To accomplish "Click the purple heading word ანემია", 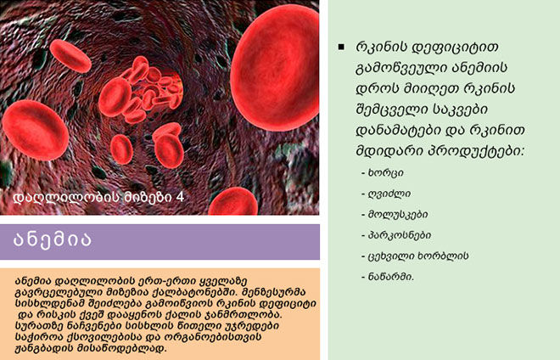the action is tap(52, 239).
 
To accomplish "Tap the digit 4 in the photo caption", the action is tap(180, 197).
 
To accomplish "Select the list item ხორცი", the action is tap(386, 173).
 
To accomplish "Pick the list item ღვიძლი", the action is tap(389, 194).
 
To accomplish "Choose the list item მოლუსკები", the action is tap(398, 215).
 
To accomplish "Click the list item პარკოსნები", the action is tap(400, 235).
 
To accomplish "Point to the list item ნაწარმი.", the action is tap(391, 277).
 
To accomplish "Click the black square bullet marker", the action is tap(341, 47).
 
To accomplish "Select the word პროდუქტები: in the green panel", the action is tap(476, 151).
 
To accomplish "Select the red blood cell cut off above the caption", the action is tap(232, 202).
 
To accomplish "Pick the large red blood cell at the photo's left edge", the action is tap(35, 130).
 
